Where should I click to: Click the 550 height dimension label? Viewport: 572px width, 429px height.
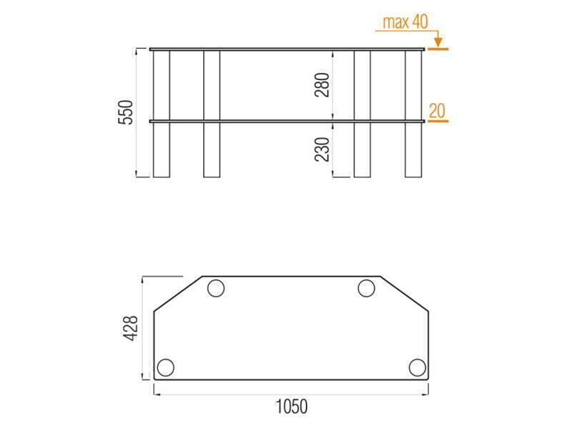(127, 112)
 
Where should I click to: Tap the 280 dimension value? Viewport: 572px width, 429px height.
(322, 85)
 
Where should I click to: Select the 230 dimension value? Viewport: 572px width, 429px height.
(322, 149)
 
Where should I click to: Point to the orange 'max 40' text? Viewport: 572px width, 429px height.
(405, 22)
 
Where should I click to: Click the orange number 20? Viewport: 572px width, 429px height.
(437, 111)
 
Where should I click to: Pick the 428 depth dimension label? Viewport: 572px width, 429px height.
(131, 328)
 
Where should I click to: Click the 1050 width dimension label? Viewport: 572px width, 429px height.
(291, 407)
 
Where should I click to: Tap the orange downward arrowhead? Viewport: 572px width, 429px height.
(438, 41)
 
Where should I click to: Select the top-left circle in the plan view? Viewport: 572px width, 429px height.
(216, 289)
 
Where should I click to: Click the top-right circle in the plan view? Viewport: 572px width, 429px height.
(366, 289)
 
